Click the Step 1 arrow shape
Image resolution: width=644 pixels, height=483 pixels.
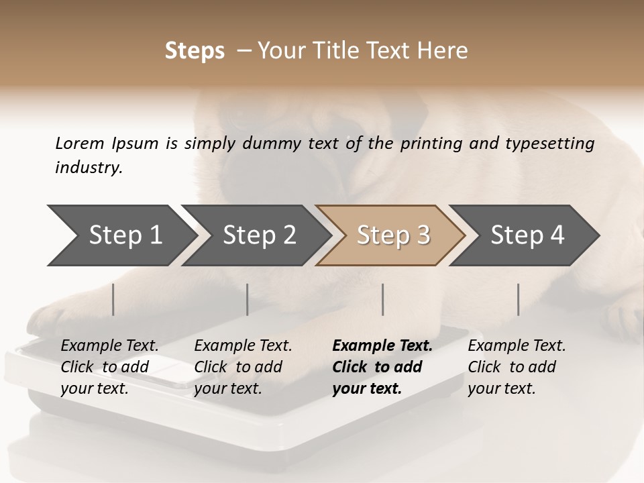click(121, 235)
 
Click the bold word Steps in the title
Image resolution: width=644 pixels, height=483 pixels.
click(195, 51)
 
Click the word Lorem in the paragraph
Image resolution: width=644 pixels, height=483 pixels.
click(80, 143)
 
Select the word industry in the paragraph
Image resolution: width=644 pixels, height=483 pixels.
click(89, 167)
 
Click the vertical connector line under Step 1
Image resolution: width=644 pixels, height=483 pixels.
click(113, 299)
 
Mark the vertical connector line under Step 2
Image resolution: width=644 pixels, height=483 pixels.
click(248, 299)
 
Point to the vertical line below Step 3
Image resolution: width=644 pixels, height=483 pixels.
click(383, 299)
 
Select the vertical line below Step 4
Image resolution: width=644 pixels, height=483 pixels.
click(519, 299)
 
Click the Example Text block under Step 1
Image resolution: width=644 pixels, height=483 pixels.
click(109, 367)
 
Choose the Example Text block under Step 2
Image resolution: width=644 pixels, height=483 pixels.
click(243, 367)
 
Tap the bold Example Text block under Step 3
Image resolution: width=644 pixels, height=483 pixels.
click(382, 367)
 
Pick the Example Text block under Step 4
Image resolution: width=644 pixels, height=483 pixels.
click(517, 367)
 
